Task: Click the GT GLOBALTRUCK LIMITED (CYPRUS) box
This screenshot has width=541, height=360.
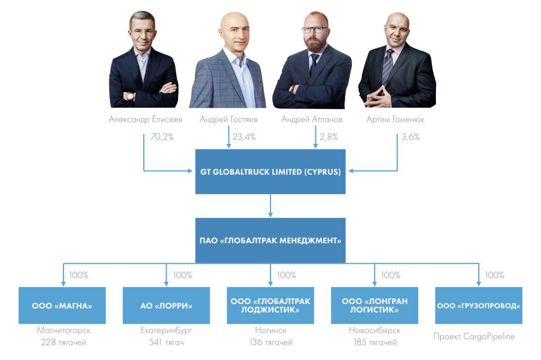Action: point(270,172)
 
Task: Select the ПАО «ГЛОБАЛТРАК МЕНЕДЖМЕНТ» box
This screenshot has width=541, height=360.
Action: point(270,240)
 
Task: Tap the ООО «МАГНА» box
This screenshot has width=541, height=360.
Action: point(62,306)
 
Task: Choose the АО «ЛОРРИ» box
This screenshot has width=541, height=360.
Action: point(166,306)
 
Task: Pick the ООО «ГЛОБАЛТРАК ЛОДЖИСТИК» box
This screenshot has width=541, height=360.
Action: point(270,306)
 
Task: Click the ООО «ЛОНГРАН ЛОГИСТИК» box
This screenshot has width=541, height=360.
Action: point(375,306)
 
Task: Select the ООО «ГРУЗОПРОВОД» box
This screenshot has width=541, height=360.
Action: point(479,306)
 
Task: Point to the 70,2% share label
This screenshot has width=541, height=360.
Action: point(162,137)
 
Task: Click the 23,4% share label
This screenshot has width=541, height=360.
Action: point(244,137)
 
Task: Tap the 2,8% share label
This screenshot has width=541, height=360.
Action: point(329,137)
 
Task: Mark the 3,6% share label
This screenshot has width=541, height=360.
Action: point(411,137)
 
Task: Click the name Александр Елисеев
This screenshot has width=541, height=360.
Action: point(145,119)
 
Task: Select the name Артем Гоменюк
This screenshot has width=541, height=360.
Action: point(395,119)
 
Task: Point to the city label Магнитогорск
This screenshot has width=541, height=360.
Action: point(63,330)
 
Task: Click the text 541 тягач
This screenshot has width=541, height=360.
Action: point(166,343)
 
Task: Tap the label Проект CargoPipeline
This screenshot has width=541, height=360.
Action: point(474,337)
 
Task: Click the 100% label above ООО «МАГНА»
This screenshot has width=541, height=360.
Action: point(79,275)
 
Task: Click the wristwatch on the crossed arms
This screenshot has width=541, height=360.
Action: point(130,97)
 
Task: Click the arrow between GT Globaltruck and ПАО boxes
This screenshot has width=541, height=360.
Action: point(270,205)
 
